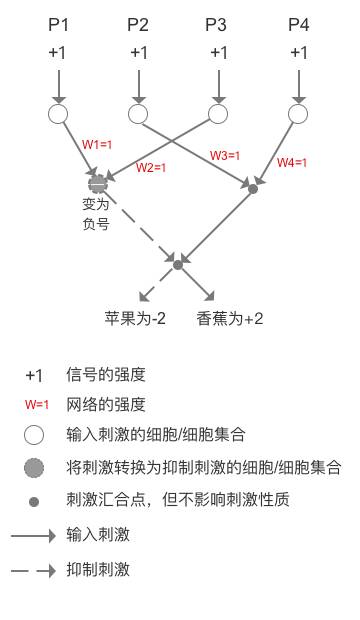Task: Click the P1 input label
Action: click(x=58, y=24)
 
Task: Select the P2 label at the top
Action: click(x=138, y=24)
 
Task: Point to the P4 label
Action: click(x=298, y=24)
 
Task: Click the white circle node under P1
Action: click(x=58, y=114)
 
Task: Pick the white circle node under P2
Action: click(x=138, y=114)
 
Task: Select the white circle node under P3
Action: click(x=218, y=114)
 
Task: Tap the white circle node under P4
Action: click(x=298, y=114)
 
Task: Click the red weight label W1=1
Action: click(x=97, y=145)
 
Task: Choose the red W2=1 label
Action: click(x=150, y=167)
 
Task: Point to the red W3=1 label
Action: click(x=225, y=155)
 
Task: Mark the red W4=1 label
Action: click(x=292, y=162)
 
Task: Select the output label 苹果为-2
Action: click(x=135, y=319)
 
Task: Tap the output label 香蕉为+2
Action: click(x=230, y=319)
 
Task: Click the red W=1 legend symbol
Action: click(x=36, y=405)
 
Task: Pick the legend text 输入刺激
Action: click(x=98, y=535)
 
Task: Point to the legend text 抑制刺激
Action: click(x=98, y=570)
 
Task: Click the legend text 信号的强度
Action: click(x=106, y=375)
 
